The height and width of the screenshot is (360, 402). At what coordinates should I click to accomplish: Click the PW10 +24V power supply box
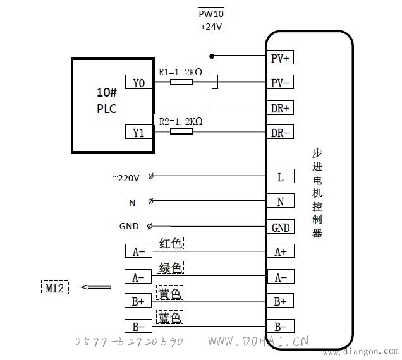tap(211, 20)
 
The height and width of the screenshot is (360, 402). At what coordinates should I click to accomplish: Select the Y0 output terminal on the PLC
tap(138, 82)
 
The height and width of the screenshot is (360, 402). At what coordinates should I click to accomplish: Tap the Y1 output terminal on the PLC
tap(138, 132)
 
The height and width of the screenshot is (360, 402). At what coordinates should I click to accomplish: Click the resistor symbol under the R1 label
tap(182, 82)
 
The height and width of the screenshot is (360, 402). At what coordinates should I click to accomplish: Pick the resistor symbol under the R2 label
tap(182, 131)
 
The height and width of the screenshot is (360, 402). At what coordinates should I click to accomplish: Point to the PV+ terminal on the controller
tap(280, 57)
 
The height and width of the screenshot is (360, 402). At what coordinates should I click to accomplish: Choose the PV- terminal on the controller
tap(280, 82)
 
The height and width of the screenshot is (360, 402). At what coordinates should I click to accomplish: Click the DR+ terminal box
tap(280, 107)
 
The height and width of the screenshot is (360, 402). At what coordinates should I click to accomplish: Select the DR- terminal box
tap(280, 132)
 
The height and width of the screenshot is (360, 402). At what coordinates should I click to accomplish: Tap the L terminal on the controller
tap(281, 176)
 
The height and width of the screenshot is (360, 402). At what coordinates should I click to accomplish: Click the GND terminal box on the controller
tap(281, 227)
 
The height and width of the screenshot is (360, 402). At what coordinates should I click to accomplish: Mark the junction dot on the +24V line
tap(212, 56)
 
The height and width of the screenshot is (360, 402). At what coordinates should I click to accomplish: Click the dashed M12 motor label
tap(55, 287)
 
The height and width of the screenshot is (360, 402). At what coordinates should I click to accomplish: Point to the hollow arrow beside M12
tap(95, 287)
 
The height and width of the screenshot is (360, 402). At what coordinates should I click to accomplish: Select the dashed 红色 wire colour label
tap(170, 243)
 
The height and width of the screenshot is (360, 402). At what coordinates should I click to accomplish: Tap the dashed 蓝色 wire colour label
tap(169, 316)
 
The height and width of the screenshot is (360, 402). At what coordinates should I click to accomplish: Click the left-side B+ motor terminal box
tap(138, 300)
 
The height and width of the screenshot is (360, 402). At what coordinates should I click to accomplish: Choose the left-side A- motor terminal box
tap(138, 276)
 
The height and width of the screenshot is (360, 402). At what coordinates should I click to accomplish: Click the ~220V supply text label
tap(126, 178)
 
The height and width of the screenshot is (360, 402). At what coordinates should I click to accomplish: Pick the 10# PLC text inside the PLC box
tap(107, 100)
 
